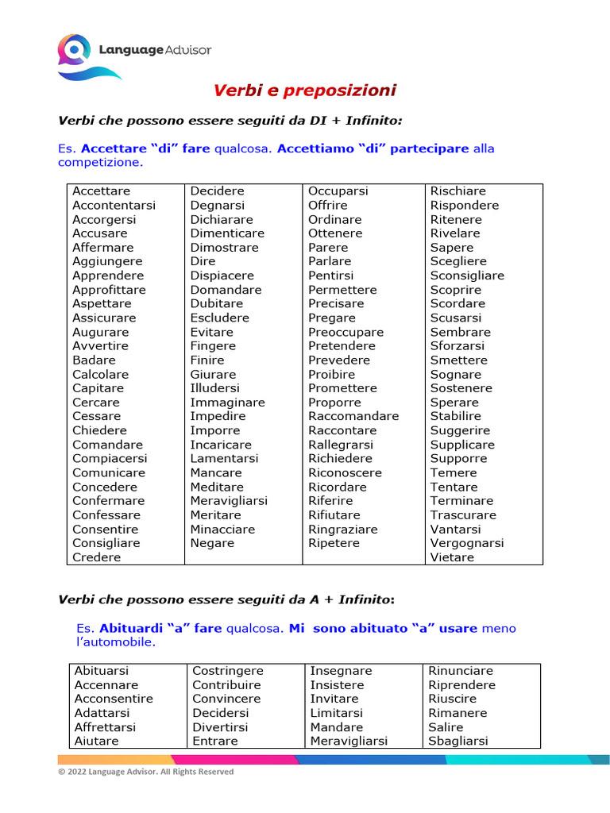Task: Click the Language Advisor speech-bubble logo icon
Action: pos(74,52)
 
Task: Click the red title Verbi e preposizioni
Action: pos(305,91)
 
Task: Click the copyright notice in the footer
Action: pos(146,771)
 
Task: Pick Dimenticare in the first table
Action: pos(227,233)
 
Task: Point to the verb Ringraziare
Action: pos(343,530)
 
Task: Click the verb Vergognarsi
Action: pos(467,543)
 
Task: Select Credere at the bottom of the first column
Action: pos(97,557)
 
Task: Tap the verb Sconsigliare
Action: pos(467,275)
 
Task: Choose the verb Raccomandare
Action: pos(353,416)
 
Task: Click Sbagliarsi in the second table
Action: pos(458,741)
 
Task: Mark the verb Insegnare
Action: pos(341,671)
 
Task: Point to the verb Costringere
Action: pos(228,671)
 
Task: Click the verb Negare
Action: pos(212,543)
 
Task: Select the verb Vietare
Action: pos(452,557)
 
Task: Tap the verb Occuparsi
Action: pos(338,191)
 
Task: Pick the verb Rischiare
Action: pos(458,191)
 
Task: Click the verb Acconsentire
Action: pos(114,699)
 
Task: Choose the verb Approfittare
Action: pos(109,290)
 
